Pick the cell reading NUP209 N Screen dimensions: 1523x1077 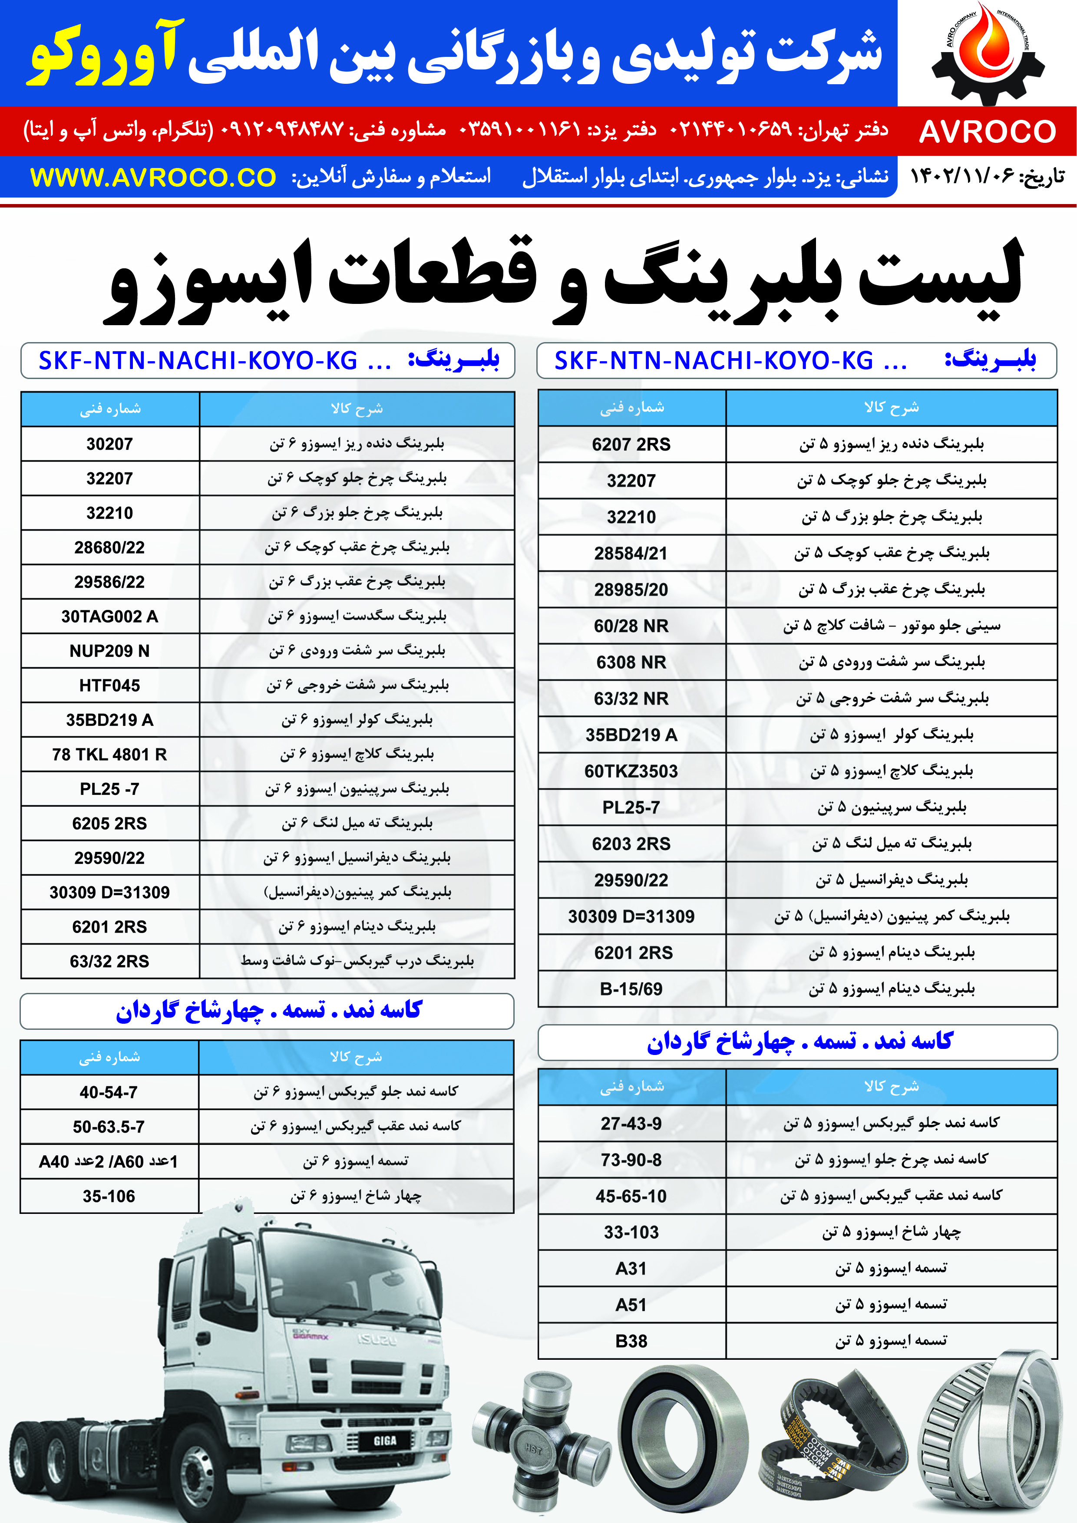coord(109,651)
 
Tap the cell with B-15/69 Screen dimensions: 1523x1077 coord(631,989)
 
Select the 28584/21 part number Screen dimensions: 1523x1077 coord(631,553)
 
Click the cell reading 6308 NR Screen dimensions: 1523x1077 coord(631,662)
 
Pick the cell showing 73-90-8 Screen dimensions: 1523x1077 coord(631,1160)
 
